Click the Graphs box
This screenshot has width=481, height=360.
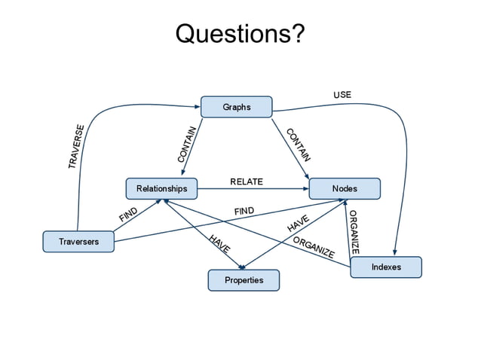coord(236,107)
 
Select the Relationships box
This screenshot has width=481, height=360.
coord(161,188)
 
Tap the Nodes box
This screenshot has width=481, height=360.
coord(345,188)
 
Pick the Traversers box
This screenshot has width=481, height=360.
coord(78,242)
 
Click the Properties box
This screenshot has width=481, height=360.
coord(244,280)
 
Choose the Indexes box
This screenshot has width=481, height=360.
coord(385,267)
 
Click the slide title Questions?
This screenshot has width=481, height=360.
coord(240,34)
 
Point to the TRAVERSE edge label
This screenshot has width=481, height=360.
coord(76,146)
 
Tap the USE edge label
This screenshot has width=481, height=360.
coord(342,95)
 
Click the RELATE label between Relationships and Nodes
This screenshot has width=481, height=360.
coord(246,182)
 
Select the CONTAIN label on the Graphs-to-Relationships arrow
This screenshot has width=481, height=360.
coord(187,144)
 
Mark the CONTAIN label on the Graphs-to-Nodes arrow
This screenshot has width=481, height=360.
coord(298,145)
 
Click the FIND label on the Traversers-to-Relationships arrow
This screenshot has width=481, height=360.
coord(128,214)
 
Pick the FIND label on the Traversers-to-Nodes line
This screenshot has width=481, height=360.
coord(244,212)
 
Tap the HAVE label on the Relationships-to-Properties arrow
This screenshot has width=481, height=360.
coord(219,243)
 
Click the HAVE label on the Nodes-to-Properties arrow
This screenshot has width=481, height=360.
coord(299,224)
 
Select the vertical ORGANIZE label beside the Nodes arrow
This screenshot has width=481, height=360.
coord(354,230)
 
